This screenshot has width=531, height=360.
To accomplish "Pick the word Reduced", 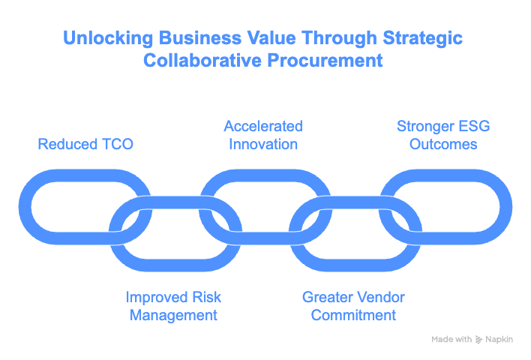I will point(67,143).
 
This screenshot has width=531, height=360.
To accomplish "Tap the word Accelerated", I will point(264,126).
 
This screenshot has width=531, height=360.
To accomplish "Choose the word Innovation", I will point(264,143).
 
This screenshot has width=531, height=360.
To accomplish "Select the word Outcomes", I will point(443,143).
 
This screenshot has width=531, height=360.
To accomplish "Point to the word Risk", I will point(205,298).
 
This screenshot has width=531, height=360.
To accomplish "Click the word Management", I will point(173,315).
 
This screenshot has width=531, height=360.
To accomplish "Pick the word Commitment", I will point(353,315).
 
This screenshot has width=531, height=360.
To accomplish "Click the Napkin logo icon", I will point(479,340).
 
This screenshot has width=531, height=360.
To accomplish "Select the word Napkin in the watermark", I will point(500,340).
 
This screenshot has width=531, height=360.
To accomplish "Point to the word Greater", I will point(328,298).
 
